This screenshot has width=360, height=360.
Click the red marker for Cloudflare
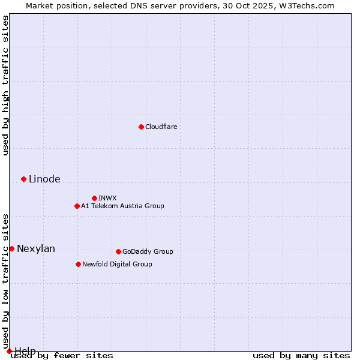[141, 127]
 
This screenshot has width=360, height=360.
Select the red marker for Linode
[23, 179]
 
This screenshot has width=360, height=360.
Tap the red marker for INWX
[94, 198]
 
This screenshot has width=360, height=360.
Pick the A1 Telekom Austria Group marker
[77, 206]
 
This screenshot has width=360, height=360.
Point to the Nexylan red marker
[11, 248]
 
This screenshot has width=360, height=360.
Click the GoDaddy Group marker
[118, 251]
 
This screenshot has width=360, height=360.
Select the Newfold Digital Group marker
[78, 264]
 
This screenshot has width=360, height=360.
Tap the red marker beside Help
[9, 351]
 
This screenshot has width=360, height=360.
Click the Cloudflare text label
[161, 127]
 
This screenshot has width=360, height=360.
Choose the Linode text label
[44, 179]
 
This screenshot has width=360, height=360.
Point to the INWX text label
[107, 198]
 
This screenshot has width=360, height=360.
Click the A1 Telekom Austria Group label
[122, 206]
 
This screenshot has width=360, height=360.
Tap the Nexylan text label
[36, 249]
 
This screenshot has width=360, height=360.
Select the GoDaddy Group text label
[148, 251]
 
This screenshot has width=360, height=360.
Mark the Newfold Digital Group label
[117, 264]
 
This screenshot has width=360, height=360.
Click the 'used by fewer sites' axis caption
[62, 356]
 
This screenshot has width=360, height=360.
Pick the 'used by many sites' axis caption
[301, 356]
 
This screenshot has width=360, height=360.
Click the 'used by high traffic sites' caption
[5, 85]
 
